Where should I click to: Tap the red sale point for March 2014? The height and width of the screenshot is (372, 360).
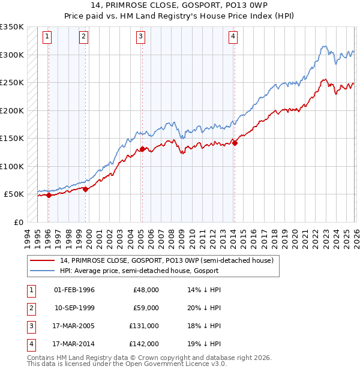pos(235,143)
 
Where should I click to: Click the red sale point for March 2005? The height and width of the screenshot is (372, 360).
pos(142,149)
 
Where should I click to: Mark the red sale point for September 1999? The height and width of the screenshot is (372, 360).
pos(86,189)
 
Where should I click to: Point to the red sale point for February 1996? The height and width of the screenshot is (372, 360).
pos(49,195)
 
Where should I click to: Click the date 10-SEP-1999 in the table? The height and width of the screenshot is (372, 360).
pos(74,307)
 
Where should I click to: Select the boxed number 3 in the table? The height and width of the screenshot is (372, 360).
pos(31,326)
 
